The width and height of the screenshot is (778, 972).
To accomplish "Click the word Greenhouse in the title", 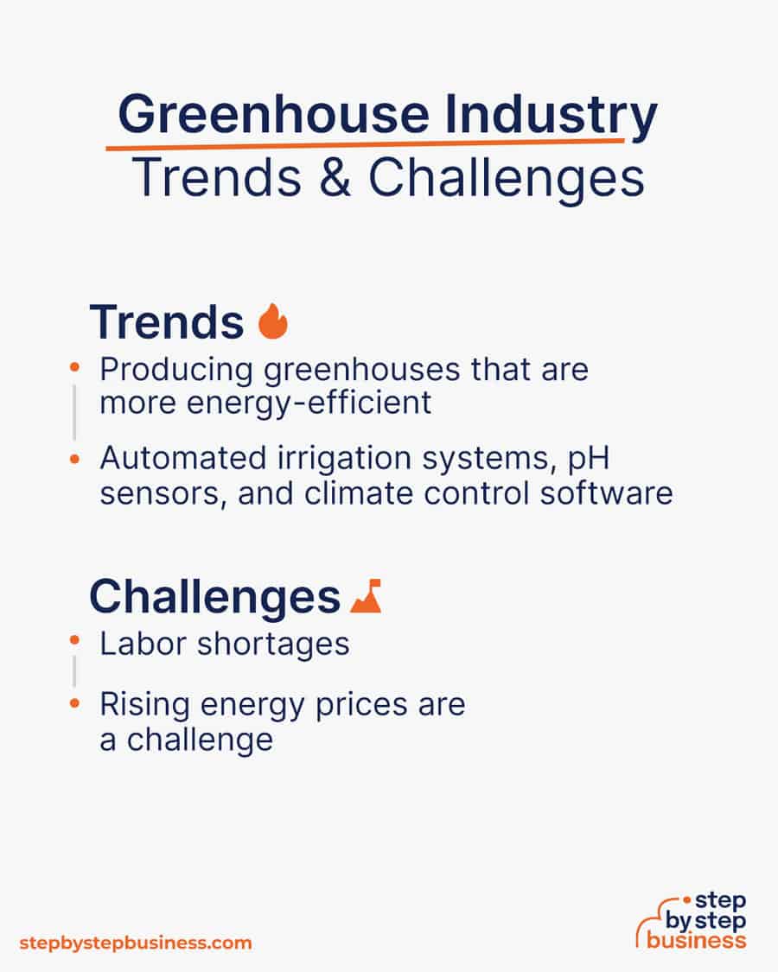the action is coord(274,114).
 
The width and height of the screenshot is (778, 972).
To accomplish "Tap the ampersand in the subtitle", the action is coord(335,177).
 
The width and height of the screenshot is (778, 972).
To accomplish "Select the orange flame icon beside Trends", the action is coord(273,321).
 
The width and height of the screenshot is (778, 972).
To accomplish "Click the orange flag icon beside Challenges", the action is coord(366,596).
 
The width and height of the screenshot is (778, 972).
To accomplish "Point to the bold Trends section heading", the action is coord(167,321).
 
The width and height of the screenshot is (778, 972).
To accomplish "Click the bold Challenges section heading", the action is coord(214,597).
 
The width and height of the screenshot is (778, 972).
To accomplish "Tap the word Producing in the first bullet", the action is coord(176,370).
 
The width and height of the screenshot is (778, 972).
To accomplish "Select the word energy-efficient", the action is coord(309,403).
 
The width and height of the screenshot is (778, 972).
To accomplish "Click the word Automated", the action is coord(183,458).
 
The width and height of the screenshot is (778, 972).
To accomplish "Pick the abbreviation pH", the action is coord(589,460).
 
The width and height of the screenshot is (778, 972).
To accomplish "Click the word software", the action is coord(606,493).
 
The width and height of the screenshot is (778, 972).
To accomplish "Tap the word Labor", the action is coord(143,644).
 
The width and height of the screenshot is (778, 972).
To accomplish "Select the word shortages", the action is coord(274,645).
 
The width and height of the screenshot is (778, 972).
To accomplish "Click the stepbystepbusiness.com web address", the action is coord(135,943).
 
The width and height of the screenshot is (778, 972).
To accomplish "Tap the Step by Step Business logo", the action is coord(692,920).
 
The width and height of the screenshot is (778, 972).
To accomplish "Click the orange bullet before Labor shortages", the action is coord(74,640).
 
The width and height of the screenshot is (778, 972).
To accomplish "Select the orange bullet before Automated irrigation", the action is coord(74,460).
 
